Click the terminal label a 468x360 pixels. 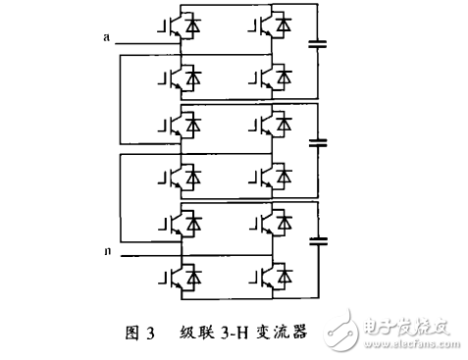(x=106, y=37)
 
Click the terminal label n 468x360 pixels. (x=106, y=252)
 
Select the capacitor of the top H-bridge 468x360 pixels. (x=317, y=43)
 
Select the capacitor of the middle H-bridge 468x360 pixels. (x=317, y=143)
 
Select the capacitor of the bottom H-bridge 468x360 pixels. (x=317, y=239)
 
